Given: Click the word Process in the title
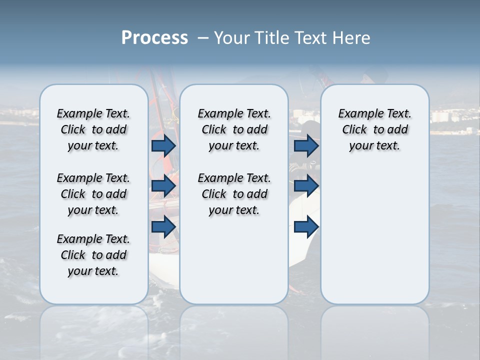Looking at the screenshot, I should tap(154, 38).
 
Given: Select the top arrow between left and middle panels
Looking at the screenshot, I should tap(163, 145).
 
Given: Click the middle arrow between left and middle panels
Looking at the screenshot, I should tap(163, 186).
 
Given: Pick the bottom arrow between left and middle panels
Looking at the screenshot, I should tap(163, 226).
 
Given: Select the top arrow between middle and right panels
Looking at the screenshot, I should tap(306, 145).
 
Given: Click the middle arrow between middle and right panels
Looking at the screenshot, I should tap(306, 186).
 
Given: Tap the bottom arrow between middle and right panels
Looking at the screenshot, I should tap(306, 226).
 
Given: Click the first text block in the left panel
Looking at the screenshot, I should tap(93, 129).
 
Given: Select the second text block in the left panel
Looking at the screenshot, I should tap(93, 194).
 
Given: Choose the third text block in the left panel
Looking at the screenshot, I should tap(93, 255).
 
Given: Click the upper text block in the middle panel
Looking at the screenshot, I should tap(234, 129).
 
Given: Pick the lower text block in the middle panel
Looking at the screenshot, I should tap(234, 194).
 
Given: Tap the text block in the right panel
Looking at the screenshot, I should tap(374, 129).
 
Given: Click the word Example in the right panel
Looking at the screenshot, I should tap(356, 114).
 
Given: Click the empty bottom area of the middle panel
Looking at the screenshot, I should tap(234, 265).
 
